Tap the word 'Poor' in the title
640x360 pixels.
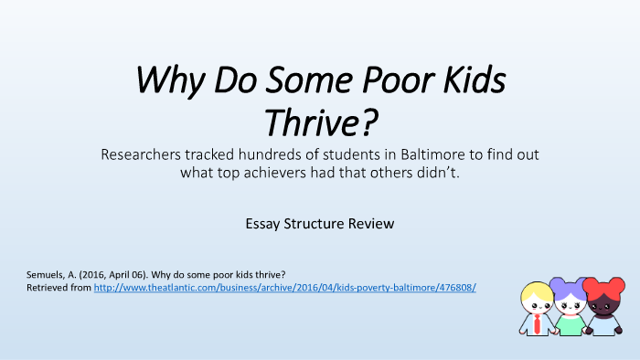(399, 82)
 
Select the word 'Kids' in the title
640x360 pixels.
(472, 82)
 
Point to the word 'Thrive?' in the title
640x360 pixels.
(320, 121)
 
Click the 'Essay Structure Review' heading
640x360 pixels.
(319, 222)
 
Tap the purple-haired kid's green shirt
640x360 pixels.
(569, 324)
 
